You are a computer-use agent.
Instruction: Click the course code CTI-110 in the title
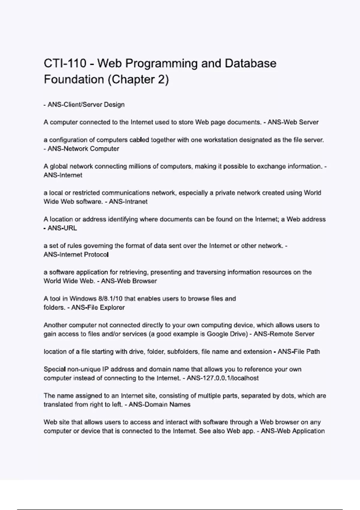click(x=65, y=64)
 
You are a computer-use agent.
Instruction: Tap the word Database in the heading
click(x=250, y=64)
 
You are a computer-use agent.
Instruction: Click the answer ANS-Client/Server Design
click(x=86, y=105)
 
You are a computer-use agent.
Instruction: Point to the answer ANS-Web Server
click(x=293, y=122)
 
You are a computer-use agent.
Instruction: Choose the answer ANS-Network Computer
click(x=83, y=149)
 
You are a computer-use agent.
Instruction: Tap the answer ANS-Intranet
click(x=128, y=202)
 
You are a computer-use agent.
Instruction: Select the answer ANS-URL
click(x=62, y=228)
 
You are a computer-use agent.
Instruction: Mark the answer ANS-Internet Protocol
click(x=76, y=255)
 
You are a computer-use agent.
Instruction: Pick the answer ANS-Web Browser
click(x=129, y=281)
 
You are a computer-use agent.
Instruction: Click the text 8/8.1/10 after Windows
click(x=110, y=299)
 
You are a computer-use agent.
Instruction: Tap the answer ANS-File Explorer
click(x=98, y=307)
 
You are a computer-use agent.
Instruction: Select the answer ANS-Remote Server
click(x=284, y=334)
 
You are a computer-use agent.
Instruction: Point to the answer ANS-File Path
click(x=299, y=352)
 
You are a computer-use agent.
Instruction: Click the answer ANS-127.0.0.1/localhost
click(x=223, y=378)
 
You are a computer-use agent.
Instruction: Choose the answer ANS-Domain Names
click(x=160, y=405)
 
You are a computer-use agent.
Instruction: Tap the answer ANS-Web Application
click(x=293, y=431)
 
